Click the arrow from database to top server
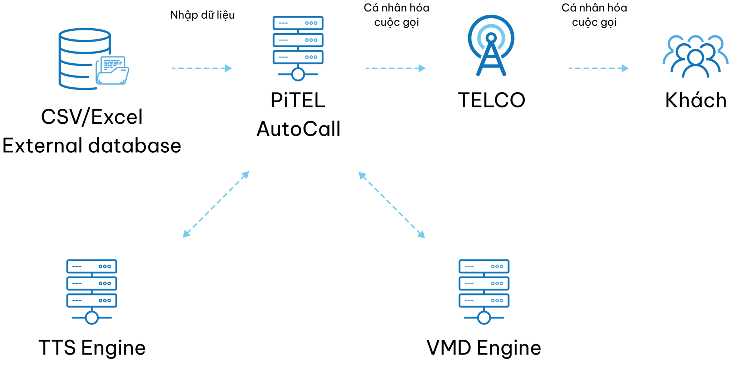[202, 68]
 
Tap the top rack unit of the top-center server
[298, 23]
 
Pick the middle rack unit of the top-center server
[298, 40]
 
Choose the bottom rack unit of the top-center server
[298, 57]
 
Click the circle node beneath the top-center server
[298, 74]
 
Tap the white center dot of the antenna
[491, 38]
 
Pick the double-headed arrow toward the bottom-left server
[216, 204]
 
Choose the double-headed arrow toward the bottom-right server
[392, 205]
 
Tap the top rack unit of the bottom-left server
[91, 266]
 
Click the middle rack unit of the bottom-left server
[91, 283]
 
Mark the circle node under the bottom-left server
[92, 318]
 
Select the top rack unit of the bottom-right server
[484, 266]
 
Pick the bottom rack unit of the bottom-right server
[484, 301]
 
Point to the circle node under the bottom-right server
[484, 318]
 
